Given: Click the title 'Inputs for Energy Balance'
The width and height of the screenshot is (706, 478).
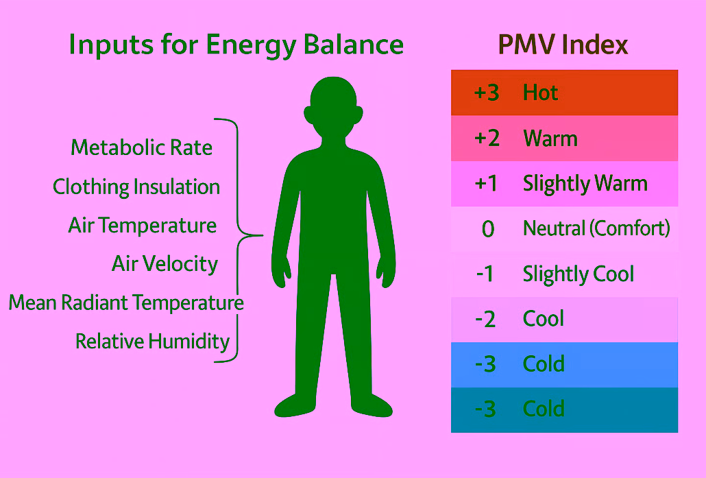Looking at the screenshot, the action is (x=236, y=46).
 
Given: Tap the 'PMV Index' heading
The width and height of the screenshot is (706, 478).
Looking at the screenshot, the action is (x=563, y=45).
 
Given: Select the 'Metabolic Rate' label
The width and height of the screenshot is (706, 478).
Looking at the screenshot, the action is (x=141, y=147).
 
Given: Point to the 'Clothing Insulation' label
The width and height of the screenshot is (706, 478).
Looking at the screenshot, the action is (x=136, y=187).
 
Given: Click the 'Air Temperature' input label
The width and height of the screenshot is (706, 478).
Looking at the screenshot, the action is (x=143, y=225).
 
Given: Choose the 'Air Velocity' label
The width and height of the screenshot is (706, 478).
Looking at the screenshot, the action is (x=165, y=264).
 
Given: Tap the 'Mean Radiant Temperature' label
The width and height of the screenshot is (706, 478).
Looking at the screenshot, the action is (x=126, y=302).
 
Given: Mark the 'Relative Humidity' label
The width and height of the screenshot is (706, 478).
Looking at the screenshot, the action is (x=152, y=341).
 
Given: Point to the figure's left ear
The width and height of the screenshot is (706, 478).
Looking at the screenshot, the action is (x=308, y=115).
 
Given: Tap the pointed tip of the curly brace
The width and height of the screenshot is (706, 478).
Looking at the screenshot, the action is (x=262, y=235).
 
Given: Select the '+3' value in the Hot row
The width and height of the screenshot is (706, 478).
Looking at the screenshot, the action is (x=487, y=93).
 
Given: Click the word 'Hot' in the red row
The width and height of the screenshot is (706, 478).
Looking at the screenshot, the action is (x=540, y=93).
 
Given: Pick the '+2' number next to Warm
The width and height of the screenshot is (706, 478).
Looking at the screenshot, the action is (x=487, y=138).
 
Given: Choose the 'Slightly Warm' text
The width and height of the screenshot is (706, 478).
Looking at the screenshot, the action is (x=585, y=184).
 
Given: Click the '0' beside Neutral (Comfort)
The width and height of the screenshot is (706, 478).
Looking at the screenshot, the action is (x=488, y=229).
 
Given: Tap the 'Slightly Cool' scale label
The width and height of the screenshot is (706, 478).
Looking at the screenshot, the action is (x=578, y=274).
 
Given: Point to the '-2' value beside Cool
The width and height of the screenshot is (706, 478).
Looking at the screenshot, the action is (x=485, y=319).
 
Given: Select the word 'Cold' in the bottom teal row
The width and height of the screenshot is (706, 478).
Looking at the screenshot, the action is (x=544, y=409).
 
